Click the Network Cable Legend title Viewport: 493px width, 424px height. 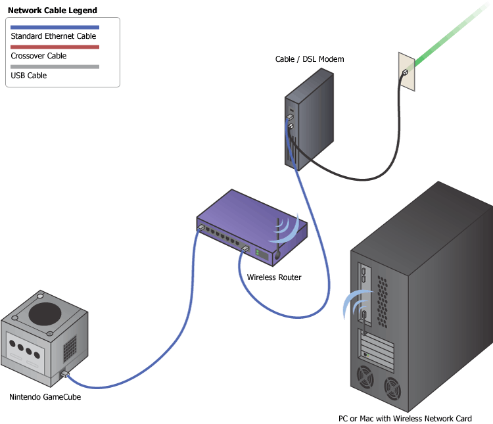pyautogui.click(x=52, y=11)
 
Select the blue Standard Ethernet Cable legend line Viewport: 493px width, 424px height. pyautogui.click(x=55, y=27)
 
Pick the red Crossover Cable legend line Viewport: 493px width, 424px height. pyautogui.click(x=55, y=47)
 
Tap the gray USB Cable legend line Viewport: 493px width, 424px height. pyautogui.click(x=55, y=66)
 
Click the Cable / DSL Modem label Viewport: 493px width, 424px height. pyautogui.click(x=310, y=60)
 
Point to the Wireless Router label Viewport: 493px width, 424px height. pyautogui.click(x=274, y=277)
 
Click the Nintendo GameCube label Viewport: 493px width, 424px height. pyautogui.click(x=45, y=397)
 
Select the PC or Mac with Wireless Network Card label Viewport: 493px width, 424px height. pyautogui.click(x=405, y=419)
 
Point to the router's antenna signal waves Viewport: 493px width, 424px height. pyautogui.click(x=290, y=227)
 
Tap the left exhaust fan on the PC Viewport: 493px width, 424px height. pyautogui.click(x=365, y=379)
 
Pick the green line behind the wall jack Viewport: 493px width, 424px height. pyautogui.click(x=454, y=33)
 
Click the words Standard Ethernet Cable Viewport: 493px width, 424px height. pyautogui.click(x=53, y=36)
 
